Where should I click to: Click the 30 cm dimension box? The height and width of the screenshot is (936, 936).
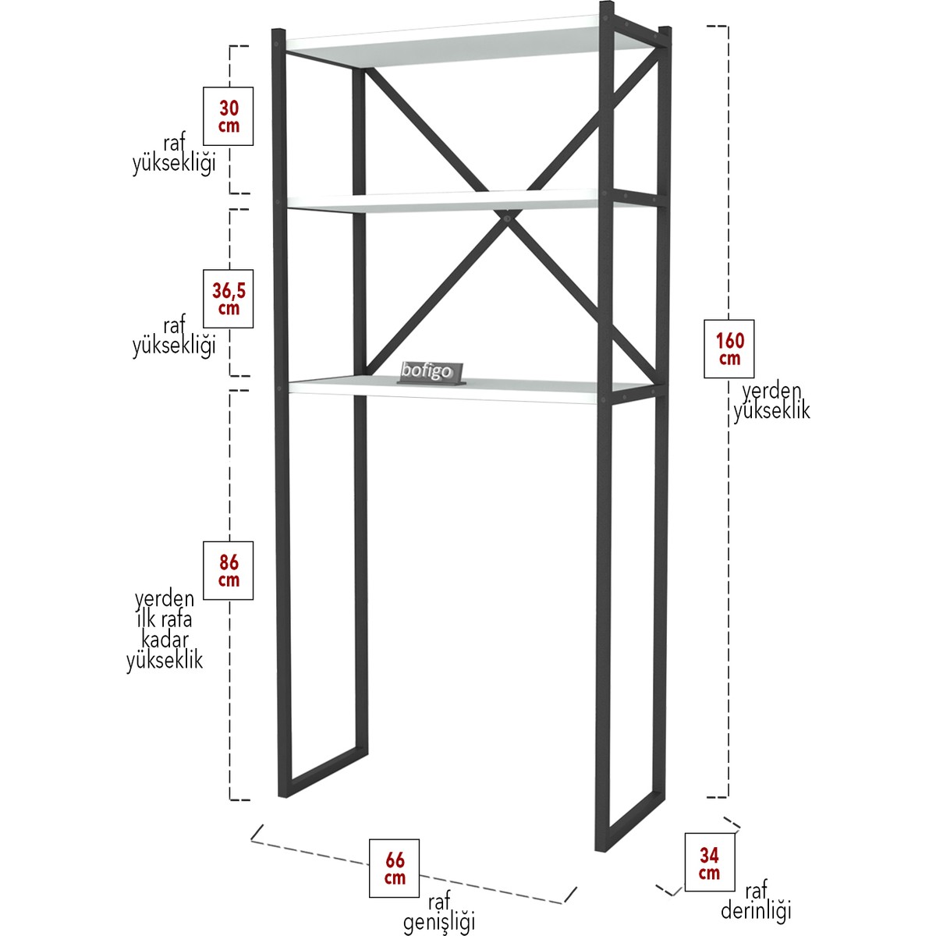(x=228, y=116)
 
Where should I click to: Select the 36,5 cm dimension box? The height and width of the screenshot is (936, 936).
(x=228, y=298)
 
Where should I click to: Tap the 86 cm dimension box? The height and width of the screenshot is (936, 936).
(x=228, y=570)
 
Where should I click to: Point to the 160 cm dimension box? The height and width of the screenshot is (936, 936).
(x=729, y=349)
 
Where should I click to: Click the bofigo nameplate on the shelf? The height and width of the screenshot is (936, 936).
(x=430, y=374)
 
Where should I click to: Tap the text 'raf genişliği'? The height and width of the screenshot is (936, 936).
(x=440, y=911)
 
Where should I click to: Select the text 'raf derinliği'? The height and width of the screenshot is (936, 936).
(x=756, y=902)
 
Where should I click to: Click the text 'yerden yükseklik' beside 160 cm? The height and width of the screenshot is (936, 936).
(x=771, y=402)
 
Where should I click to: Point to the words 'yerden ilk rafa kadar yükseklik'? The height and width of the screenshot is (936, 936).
(x=165, y=631)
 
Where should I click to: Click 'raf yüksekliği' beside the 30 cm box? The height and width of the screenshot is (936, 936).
(x=175, y=155)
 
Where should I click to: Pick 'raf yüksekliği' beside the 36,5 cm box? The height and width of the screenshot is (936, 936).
(x=175, y=337)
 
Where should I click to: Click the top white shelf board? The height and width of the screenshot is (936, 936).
(x=466, y=44)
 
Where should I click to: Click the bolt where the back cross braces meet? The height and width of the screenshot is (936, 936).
(x=507, y=219)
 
